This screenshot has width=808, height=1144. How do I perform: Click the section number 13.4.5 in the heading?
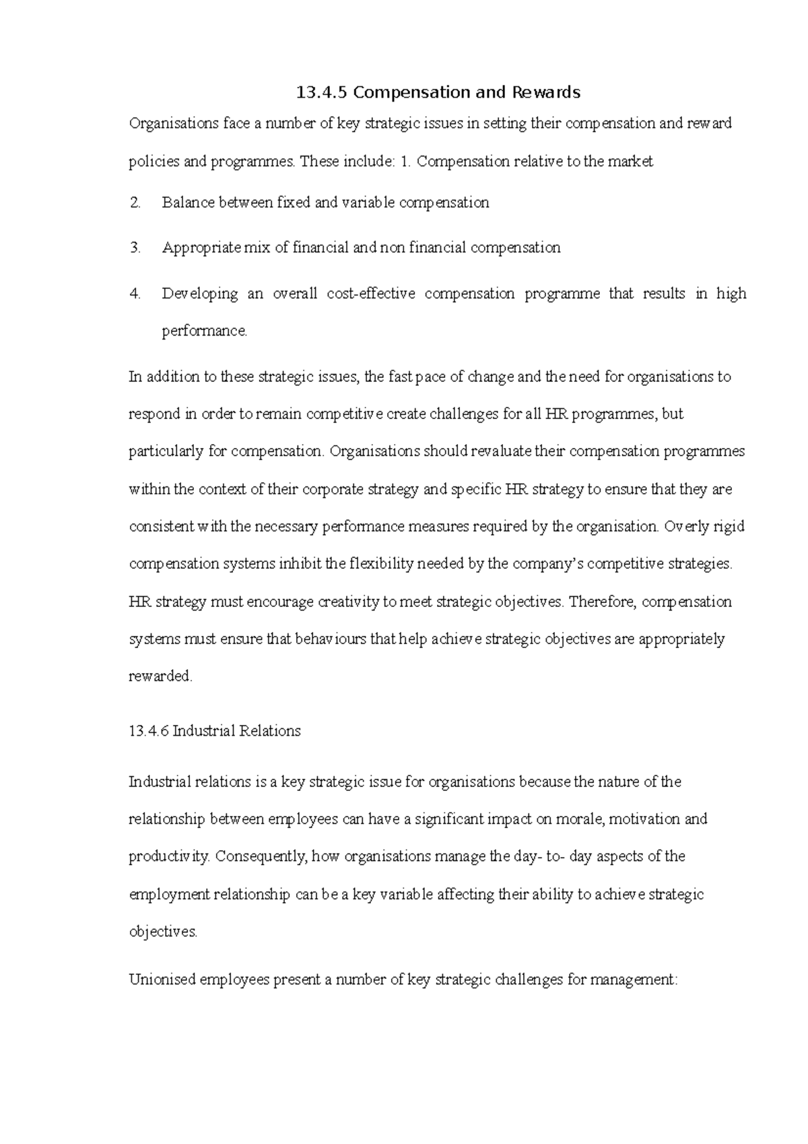[322, 92]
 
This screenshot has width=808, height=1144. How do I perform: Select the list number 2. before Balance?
[135, 202]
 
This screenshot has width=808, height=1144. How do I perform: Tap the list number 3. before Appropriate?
[135, 248]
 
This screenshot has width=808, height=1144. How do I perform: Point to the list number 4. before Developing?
[135, 294]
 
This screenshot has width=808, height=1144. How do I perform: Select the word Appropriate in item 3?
[201, 248]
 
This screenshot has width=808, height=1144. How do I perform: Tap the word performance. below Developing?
[205, 331]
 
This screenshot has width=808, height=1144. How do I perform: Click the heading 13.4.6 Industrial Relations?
[214, 731]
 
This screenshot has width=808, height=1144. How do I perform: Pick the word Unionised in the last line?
[162, 980]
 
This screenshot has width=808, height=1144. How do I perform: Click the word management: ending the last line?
[633, 980]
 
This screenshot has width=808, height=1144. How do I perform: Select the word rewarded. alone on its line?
[160, 676]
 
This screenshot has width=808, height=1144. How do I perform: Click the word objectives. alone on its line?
[163, 932]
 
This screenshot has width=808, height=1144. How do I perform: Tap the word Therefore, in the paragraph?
[602, 602]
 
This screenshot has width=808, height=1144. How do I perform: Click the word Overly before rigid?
[686, 526]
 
